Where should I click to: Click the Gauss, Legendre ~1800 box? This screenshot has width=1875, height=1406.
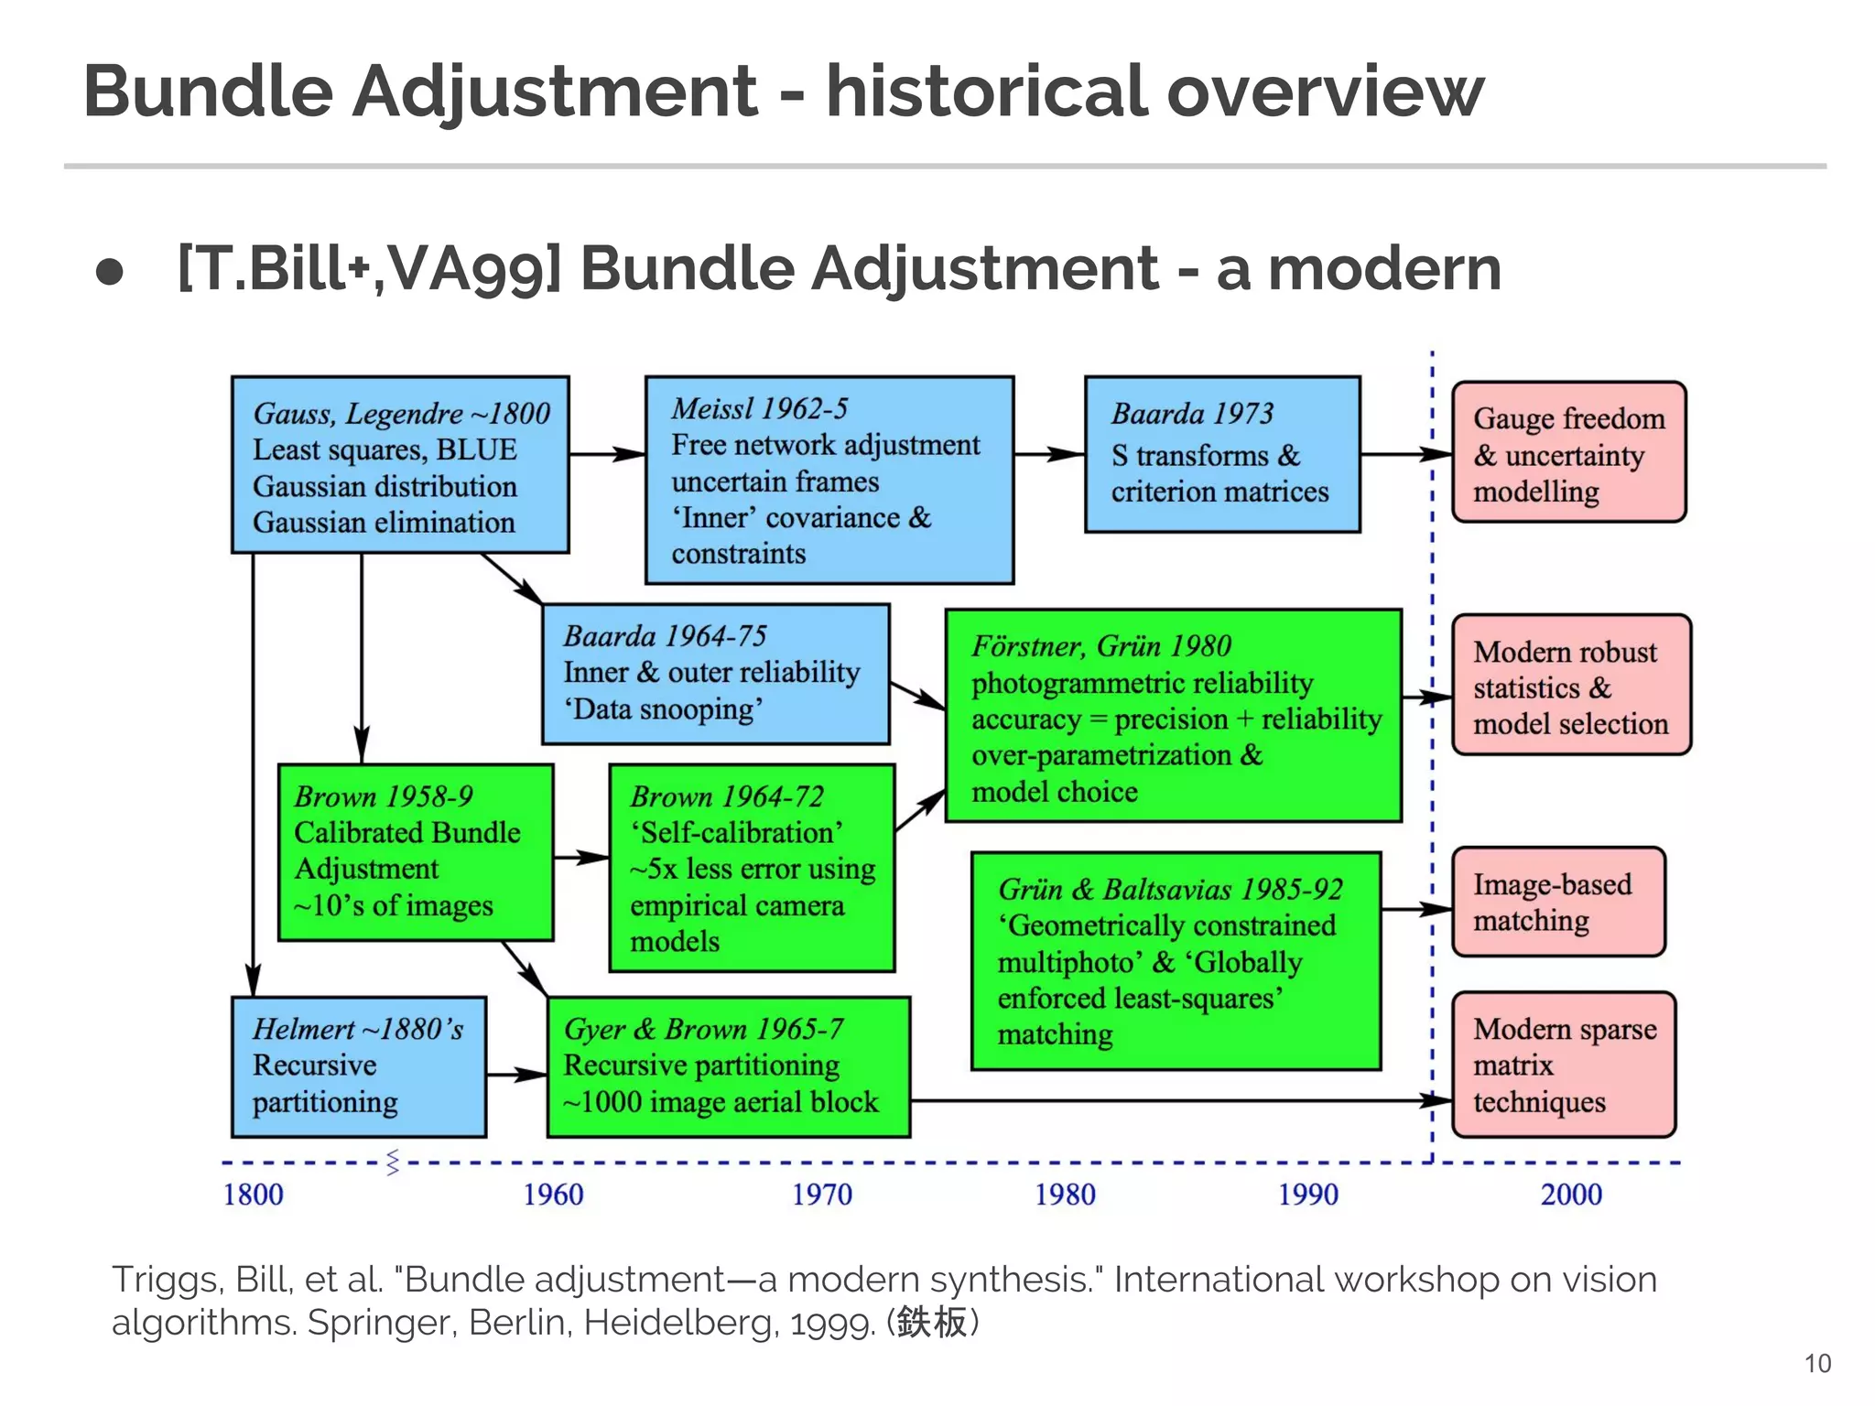(x=400, y=464)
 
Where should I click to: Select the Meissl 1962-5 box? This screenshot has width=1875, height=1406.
(x=829, y=480)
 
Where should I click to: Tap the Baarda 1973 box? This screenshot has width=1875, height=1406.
(x=1221, y=453)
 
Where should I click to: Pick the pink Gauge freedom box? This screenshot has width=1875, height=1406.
(x=1568, y=452)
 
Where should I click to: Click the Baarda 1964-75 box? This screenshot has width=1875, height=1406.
(x=715, y=673)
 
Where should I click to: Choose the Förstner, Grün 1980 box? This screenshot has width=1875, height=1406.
(x=1173, y=716)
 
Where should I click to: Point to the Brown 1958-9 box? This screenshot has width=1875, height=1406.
(x=416, y=851)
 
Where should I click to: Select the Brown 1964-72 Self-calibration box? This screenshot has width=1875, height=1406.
(x=751, y=868)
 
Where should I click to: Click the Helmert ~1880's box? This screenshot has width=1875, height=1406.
(x=358, y=1066)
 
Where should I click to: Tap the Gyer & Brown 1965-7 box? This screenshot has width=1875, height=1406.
(x=728, y=1066)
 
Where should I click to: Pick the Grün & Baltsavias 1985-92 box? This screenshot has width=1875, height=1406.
(x=1175, y=960)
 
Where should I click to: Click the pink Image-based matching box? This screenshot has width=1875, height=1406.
(x=1557, y=902)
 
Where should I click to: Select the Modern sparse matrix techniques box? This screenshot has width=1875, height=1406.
(x=1564, y=1065)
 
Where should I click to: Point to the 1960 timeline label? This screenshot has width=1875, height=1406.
(x=553, y=1195)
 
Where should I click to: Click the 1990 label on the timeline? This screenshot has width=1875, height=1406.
(x=1307, y=1195)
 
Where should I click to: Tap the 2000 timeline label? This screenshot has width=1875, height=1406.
(x=1571, y=1195)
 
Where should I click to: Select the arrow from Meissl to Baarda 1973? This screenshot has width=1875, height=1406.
(x=1049, y=453)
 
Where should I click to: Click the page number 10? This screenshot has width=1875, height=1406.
(x=1816, y=1364)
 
